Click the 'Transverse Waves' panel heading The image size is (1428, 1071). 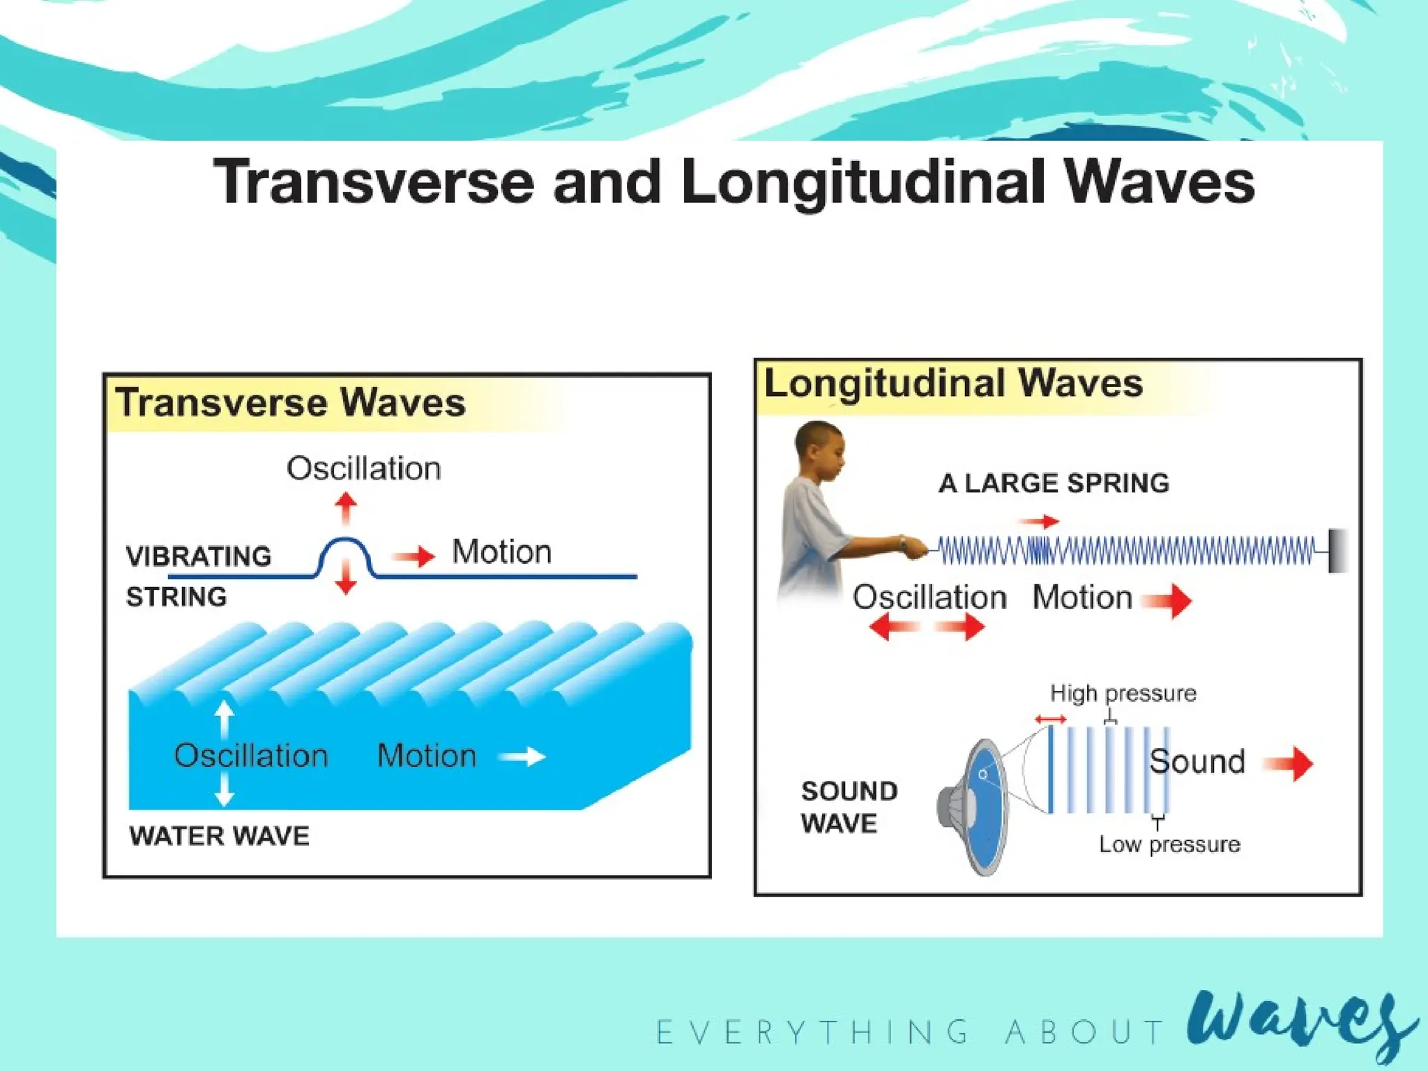pos(291,403)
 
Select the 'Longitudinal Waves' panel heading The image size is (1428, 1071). pos(953,383)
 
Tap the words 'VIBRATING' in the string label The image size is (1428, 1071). pos(199,556)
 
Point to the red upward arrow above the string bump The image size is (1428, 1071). pos(345,508)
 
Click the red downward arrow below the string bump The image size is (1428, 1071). pos(345,579)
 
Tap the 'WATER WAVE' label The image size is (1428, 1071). pos(219,835)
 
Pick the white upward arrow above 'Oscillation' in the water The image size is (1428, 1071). pos(224,718)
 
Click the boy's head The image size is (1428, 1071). pos(820,450)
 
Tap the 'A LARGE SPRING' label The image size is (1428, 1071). pos(1054,483)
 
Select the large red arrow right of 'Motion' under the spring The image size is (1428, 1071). pos(1167,600)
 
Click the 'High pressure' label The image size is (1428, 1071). pos(1123,693)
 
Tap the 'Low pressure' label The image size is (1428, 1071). pos(1169,844)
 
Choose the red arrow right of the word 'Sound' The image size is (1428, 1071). pos(1289,764)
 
